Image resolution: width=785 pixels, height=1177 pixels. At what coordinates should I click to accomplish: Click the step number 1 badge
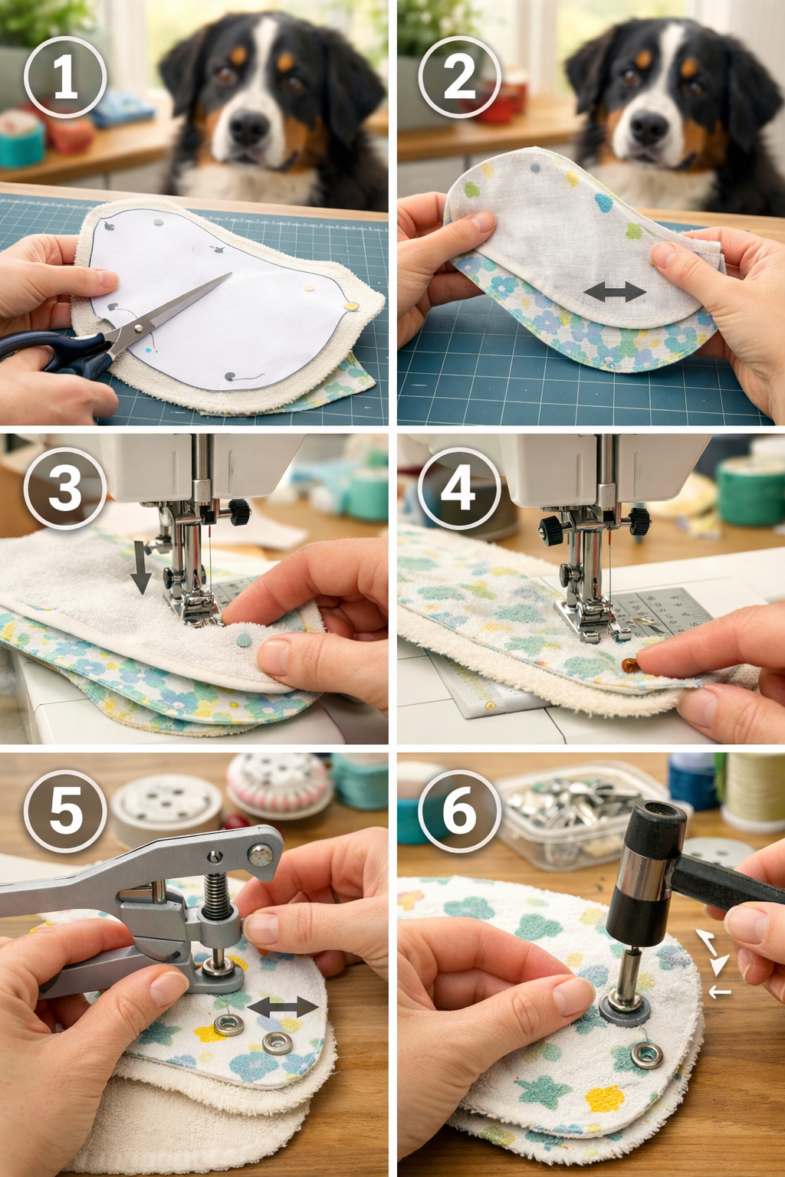(65, 77)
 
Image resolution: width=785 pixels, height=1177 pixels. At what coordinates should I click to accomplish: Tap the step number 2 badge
(459, 77)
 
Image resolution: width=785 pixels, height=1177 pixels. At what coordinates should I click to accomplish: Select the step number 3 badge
(65, 488)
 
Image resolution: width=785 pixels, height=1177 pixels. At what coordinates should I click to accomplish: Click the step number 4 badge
(459, 488)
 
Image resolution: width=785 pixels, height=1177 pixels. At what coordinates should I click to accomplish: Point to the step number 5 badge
(65, 811)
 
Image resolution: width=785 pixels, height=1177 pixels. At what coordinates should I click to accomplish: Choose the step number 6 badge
(459, 811)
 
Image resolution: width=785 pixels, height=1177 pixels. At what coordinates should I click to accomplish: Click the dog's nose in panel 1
(249, 127)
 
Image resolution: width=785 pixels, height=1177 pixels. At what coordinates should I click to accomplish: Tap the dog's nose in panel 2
(649, 127)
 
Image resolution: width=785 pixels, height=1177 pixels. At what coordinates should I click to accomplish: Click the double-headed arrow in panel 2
(614, 291)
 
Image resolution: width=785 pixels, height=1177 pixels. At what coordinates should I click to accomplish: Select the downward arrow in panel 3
(140, 567)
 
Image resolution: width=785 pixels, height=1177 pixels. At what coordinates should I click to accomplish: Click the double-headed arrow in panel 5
(283, 1007)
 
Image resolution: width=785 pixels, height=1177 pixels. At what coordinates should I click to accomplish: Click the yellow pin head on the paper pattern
(352, 307)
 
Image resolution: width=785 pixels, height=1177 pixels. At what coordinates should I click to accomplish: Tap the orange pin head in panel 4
(629, 664)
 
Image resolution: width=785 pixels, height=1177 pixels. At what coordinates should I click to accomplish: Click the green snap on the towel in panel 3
(244, 640)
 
